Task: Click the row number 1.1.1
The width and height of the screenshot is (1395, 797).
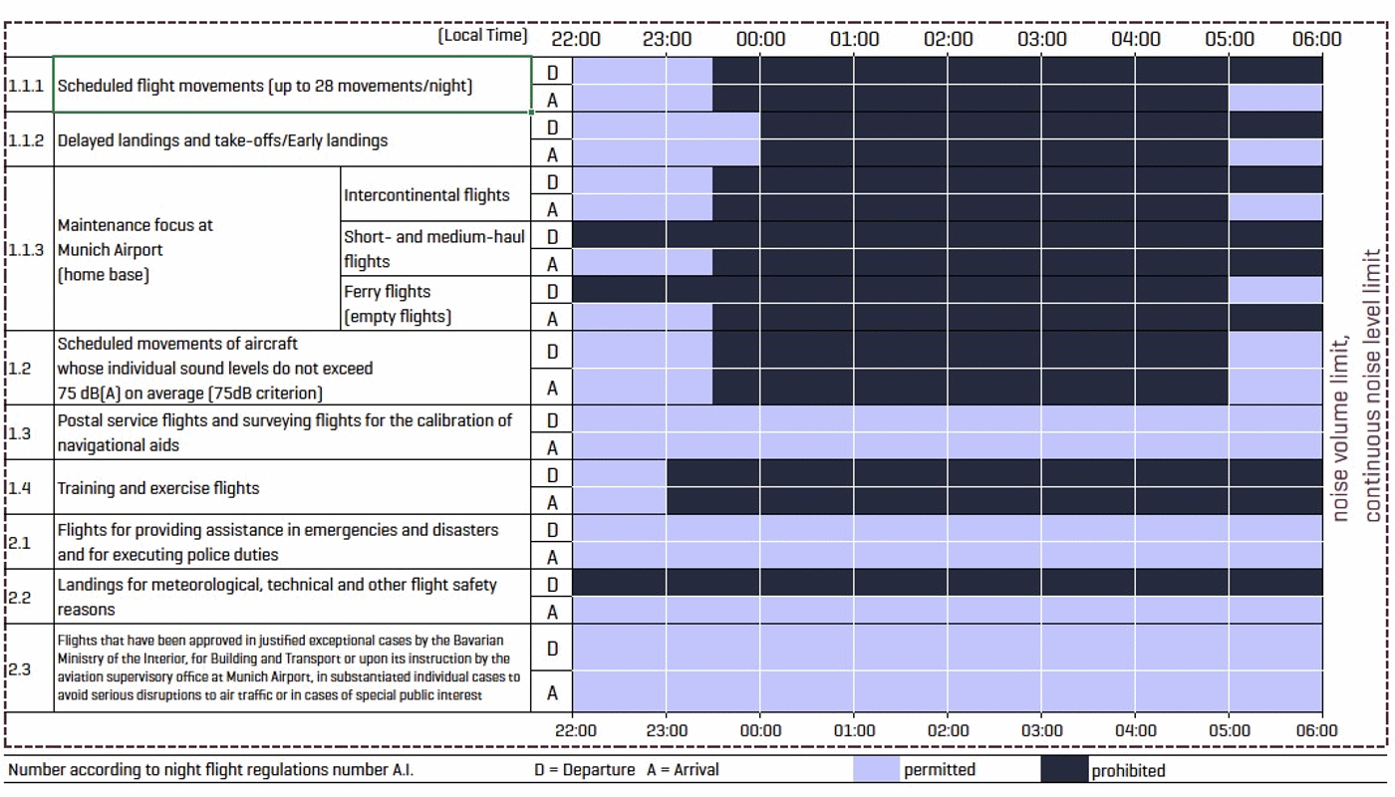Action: [26, 86]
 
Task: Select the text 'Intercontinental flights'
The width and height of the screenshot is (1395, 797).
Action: [426, 195]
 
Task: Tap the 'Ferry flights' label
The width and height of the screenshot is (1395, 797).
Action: [388, 292]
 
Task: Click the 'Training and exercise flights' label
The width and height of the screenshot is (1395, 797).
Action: [157, 488]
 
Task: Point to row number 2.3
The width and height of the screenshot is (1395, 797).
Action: [21, 668]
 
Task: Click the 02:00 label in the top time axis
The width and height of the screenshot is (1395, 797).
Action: [949, 39]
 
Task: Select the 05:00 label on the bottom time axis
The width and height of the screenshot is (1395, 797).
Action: [1229, 731]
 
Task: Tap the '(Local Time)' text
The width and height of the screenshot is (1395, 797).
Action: [482, 36]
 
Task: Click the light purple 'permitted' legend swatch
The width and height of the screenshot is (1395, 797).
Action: [876, 769]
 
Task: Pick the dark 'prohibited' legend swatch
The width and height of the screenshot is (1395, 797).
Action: [1063, 769]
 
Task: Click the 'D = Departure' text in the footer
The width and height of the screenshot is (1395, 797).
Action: [584, 770]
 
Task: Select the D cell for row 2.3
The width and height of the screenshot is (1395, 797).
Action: [552, 649]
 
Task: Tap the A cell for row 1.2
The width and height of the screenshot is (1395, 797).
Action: [552, 388]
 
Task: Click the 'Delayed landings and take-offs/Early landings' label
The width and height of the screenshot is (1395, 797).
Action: [222, 140]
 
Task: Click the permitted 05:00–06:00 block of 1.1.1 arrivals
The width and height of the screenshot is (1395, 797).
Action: [1274, 99]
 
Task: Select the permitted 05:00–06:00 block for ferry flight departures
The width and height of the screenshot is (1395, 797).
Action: [1274, 290]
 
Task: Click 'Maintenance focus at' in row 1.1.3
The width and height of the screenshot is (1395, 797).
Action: [135, 225]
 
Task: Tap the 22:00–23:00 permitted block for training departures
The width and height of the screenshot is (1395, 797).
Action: [619, 473]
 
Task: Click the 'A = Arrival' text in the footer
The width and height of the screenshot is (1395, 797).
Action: [683, 770]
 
